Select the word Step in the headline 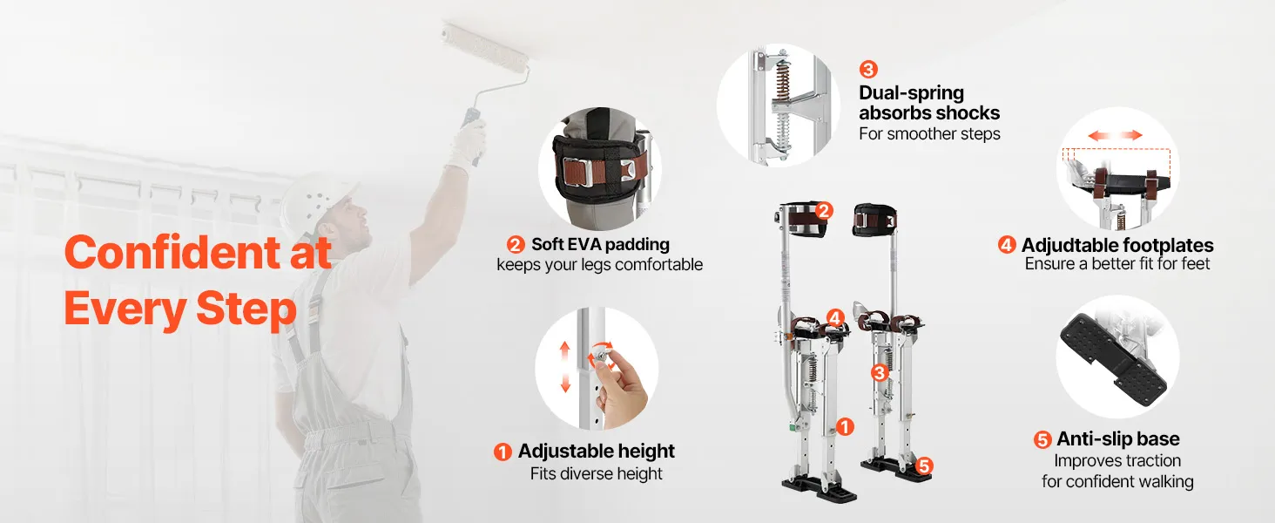[x=246, y=309]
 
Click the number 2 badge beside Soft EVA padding [x=516, y=245]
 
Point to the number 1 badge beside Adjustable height [x=503, y=452]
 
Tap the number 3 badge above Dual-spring [x=868, y=70]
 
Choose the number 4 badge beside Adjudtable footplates [x=1007, y=245]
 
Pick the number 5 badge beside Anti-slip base [x=1042, y=440]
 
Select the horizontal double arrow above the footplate [x=1115, y=135]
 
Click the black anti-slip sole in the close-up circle [x=1111, y=359]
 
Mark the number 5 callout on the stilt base [x=923, y=466]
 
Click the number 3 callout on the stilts [x=880, y=372]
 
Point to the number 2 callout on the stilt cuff [x=824, y=211]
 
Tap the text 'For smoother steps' [x=929, y=134]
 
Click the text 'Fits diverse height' [x=596, y=474]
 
